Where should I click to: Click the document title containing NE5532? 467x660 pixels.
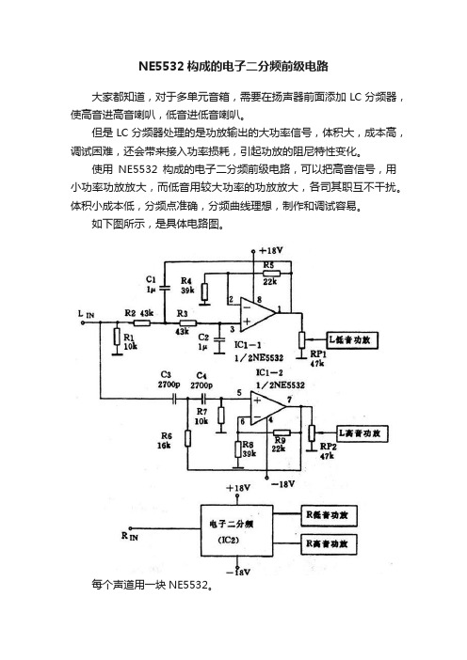(x=233, y=66)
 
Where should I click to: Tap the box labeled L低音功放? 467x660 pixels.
(x=352, y=339)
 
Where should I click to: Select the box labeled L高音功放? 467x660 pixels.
(x=362, y=433)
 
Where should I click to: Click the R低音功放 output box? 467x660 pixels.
(x=329, y=515)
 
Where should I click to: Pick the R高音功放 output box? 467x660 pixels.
(x=329, y=544)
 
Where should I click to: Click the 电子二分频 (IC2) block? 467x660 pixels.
(x=236, y=531)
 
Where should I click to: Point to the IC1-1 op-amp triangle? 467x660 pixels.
(x=257, y=314)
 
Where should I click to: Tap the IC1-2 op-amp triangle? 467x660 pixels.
(x=267, y=408)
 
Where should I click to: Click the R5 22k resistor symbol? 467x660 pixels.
(x=271, y=274)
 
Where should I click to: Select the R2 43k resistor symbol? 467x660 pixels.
(x=142, y=322)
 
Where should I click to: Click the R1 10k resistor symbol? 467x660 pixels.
(x=117, y=338)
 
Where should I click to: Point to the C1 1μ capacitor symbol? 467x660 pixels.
(x=165, y=289)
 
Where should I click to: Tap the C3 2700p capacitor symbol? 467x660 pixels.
(x=174, y=399)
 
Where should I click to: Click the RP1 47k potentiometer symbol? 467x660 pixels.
(x=301, y=339)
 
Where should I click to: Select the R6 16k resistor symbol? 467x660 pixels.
(x=187, y=439)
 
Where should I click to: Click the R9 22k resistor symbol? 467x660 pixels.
(x=282, y=432)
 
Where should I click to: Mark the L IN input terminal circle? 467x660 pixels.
(x=83, y=322)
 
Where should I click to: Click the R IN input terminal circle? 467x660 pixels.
(x=130, y=528)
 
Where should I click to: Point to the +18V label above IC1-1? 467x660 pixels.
(x=270, y=250)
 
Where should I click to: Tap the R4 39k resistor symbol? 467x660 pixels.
(x=204, y=292)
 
